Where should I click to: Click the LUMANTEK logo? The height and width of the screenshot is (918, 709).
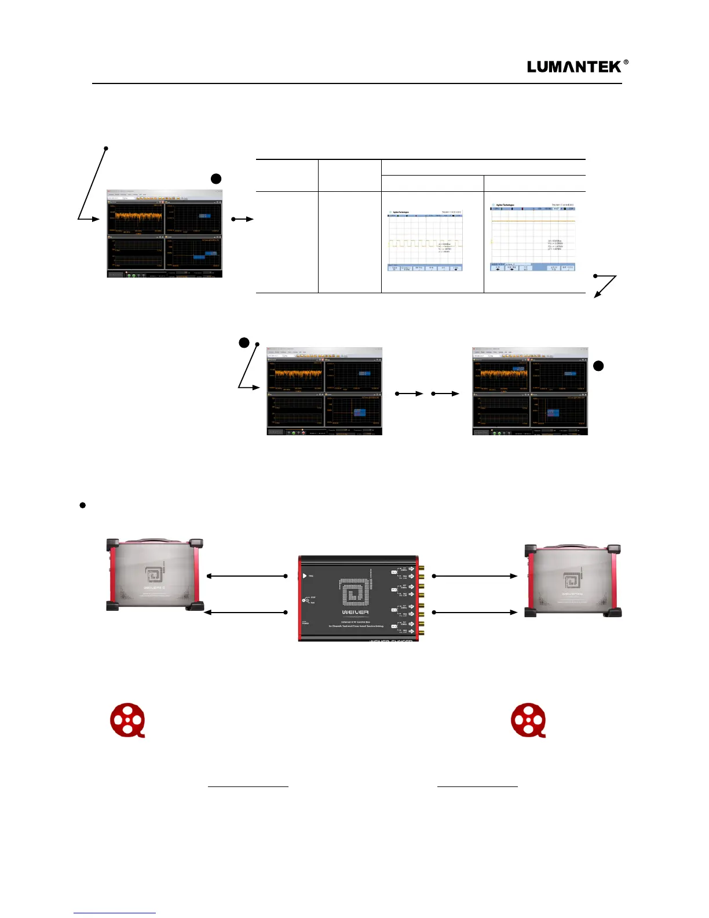(574, 67)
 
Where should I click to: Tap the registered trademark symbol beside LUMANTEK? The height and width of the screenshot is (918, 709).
(626, 63)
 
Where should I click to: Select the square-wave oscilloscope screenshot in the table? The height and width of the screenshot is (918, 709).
(426, 240)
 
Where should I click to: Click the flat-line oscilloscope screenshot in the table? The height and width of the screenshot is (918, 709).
(533, 238)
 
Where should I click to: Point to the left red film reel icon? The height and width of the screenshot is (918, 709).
(128, 720)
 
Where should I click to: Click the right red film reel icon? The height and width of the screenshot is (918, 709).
(528, 720)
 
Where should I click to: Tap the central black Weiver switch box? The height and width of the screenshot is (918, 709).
(359, 598)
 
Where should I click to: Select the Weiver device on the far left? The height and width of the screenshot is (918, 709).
(155, 574)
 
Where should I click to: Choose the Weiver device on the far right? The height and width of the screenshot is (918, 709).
(573, 580)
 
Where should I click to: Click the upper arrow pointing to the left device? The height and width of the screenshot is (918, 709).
(246, 576)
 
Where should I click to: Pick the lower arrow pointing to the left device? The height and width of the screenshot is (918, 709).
(246, 612)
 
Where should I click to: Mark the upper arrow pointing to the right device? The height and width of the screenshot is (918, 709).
(475, 576)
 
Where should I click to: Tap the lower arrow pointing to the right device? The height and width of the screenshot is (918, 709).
(475, 612)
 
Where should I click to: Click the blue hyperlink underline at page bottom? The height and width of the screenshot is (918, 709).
(115, 913)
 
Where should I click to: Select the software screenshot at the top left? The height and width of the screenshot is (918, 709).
(165, 233)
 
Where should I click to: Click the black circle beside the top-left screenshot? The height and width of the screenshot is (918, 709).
(216, 178)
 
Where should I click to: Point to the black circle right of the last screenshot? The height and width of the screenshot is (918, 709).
(599, 366)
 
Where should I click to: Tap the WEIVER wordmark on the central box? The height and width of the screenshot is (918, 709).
(355, 612)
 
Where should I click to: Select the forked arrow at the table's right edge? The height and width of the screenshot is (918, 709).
(605, 285)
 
